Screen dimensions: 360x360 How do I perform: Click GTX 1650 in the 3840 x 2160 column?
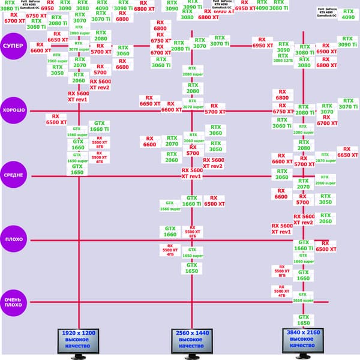pyautogui.click(x=304, y=319)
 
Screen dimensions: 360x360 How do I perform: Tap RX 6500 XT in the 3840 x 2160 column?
pyautogui.click(x=326, y=246)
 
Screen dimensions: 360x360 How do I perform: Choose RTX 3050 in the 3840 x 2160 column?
pyautogui.click(x=325, y=199)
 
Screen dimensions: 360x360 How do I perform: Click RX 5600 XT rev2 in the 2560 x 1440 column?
pyautogui.click(x=213, y=163)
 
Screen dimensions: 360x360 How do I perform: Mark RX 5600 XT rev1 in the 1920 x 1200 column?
pyautogui.click(x=78, y=96)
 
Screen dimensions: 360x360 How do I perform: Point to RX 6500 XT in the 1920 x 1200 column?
pyautogui.click(x=56, y=119)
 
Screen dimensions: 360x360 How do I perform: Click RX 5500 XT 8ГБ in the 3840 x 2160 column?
pyautogui.click(x=282, y=272)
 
